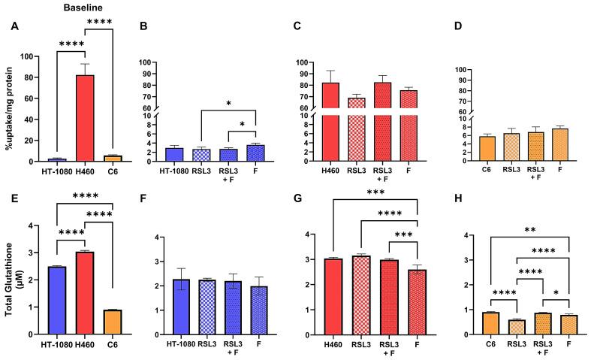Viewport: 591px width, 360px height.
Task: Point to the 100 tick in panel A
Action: tap(30, 57)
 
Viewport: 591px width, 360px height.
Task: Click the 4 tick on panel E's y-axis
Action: tap(32, 225)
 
